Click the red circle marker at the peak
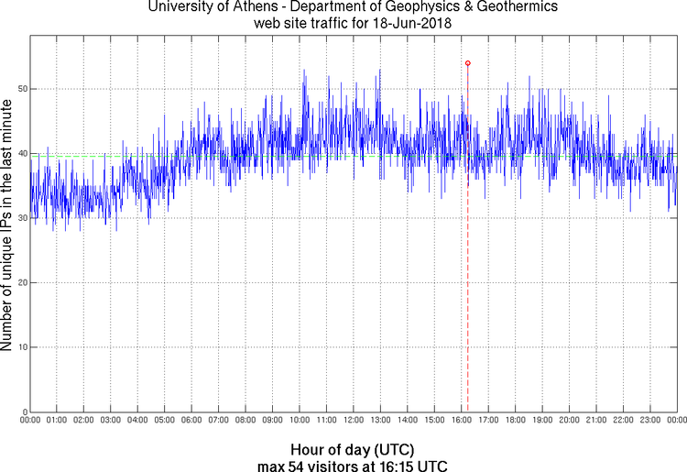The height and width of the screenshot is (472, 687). pos(467,63)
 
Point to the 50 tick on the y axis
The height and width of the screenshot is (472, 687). pos(21,89)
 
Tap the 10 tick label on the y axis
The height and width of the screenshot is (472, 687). pos(21,346)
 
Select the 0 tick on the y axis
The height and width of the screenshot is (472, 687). pos(23,412)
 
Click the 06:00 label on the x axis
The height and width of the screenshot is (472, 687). pos(191,420)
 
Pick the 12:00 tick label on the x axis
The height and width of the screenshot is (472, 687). pos(354,420)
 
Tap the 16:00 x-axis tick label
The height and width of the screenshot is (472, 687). pos(461,420)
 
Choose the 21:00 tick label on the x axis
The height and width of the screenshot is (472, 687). pos(596,420)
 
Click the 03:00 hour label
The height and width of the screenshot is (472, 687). pos(110,420)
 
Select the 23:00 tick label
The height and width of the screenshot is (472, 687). pos(650,420)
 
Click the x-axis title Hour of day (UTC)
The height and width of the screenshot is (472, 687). pos(353,450)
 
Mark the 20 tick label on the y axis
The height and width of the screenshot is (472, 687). pos(21,282)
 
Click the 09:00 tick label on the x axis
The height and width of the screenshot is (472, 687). pos(272,420)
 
